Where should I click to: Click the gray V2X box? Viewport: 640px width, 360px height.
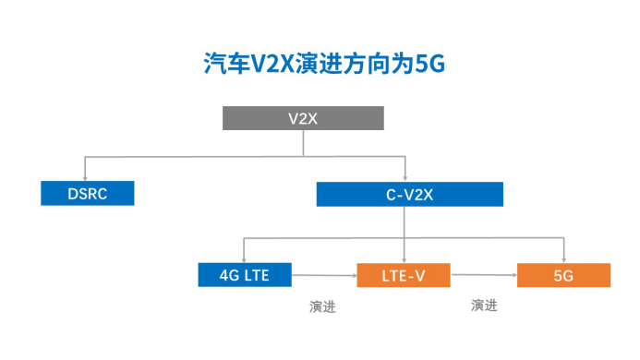coord(303,118)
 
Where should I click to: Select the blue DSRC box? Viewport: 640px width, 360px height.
coord(88,193)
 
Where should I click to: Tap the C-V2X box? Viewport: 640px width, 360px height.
coord(409,194)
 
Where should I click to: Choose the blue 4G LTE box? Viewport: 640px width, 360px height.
coord(245,275)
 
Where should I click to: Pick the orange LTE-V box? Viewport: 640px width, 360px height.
coord(404,275)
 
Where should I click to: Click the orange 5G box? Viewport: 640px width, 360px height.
coord(563,275)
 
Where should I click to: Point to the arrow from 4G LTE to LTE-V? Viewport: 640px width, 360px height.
coord(324,275)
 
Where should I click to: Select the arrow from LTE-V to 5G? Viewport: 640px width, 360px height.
coord(484,275)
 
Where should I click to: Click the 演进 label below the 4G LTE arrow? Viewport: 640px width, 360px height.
coord(322,306)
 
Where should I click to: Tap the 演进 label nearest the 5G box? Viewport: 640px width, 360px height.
coord(484,306)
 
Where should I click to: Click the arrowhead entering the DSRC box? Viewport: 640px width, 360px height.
coord(85,178)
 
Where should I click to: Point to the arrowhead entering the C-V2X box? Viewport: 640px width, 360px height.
coord(405,178)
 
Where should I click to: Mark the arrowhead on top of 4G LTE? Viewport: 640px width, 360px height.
coord(244,260)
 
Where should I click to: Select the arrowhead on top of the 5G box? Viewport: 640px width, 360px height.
coord(563,260)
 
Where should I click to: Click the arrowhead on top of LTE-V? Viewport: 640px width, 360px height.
coord(405,260)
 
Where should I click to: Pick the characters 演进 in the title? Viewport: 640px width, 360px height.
coord(319,64)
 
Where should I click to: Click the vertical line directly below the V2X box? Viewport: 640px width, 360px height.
coord(303,143)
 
